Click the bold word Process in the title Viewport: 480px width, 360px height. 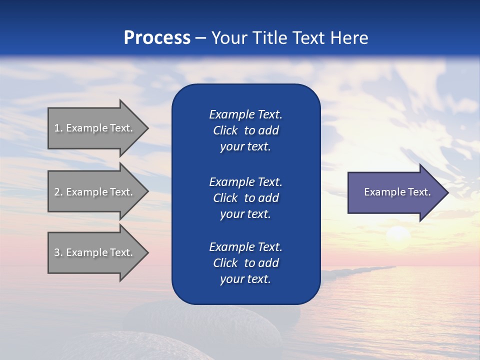(157, 38)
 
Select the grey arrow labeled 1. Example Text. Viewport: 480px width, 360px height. (95, 128)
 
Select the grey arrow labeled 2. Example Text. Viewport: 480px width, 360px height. (95, 192)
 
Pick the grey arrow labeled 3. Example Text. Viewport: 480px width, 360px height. (95, 252)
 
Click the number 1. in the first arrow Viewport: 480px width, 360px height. (58, 128)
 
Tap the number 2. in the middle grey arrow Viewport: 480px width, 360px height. (58, 192)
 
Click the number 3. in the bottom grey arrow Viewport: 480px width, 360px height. (58, 252)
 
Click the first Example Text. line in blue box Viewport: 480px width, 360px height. (245, 114)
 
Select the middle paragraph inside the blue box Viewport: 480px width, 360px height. (245, 198)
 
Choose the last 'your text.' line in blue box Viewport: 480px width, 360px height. (245, 279)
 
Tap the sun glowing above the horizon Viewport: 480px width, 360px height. (398, 234)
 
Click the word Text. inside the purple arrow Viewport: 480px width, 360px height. (419, 192)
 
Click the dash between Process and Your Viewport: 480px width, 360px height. (200, 38)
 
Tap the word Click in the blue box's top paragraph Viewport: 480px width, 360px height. (225, 130)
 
